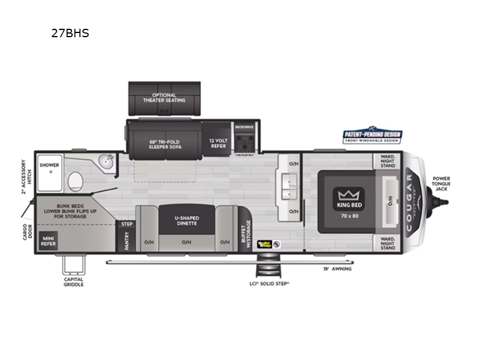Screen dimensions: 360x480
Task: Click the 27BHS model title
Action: coord(70,34)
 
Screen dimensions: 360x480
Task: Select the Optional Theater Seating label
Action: coord(164,98)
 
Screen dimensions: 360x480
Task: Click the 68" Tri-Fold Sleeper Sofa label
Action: coord(164,145)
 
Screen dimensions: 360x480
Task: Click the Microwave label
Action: coord(244,127)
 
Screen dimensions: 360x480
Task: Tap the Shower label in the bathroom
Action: coord(49,164)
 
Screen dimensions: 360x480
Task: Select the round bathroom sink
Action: coord(107,161)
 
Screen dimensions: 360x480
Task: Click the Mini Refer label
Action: coord(48,241)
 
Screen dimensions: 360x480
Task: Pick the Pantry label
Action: coord(127,241)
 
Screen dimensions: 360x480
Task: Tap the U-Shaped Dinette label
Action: coord(187,221)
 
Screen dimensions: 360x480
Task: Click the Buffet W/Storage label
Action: coord(246,238)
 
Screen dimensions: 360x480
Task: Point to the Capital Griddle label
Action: coord(74,281)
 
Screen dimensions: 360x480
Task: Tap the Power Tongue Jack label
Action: coord(441,183)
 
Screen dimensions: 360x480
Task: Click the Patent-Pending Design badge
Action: coord(372,136)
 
